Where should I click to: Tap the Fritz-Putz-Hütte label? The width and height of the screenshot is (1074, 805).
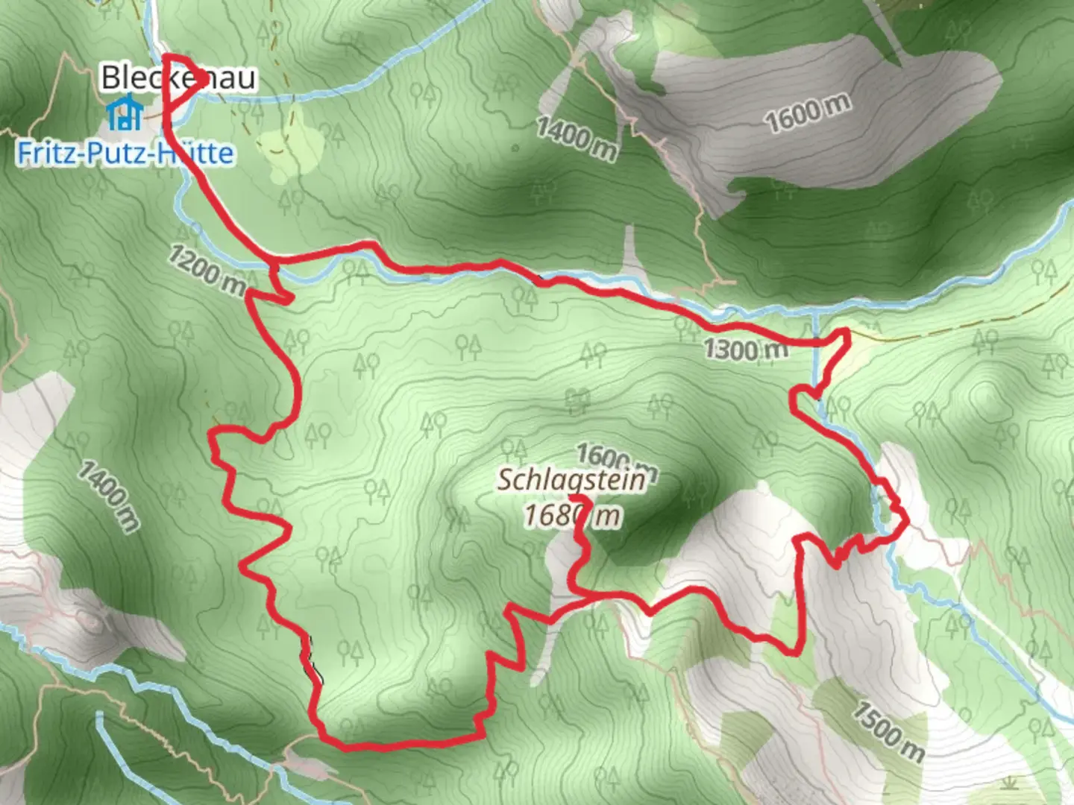coord(125,153)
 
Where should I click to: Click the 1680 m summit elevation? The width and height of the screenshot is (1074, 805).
coord(571,516)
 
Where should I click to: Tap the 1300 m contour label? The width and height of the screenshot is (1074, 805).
coord(745,349)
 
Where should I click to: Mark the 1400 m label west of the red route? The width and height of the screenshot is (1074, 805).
coord(109,496)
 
